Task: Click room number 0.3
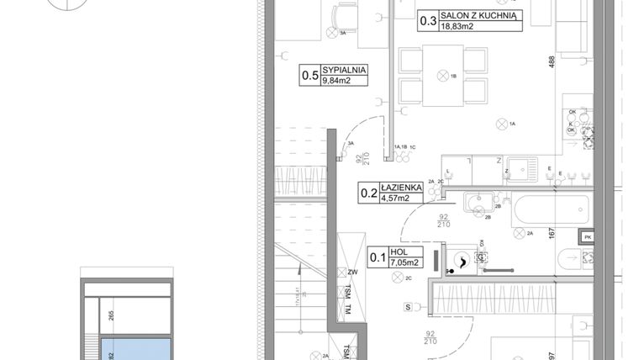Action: (427, 20)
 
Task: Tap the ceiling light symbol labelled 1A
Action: (504, 124)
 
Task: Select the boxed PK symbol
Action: (588, 238)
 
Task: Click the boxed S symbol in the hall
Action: (407, 308)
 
